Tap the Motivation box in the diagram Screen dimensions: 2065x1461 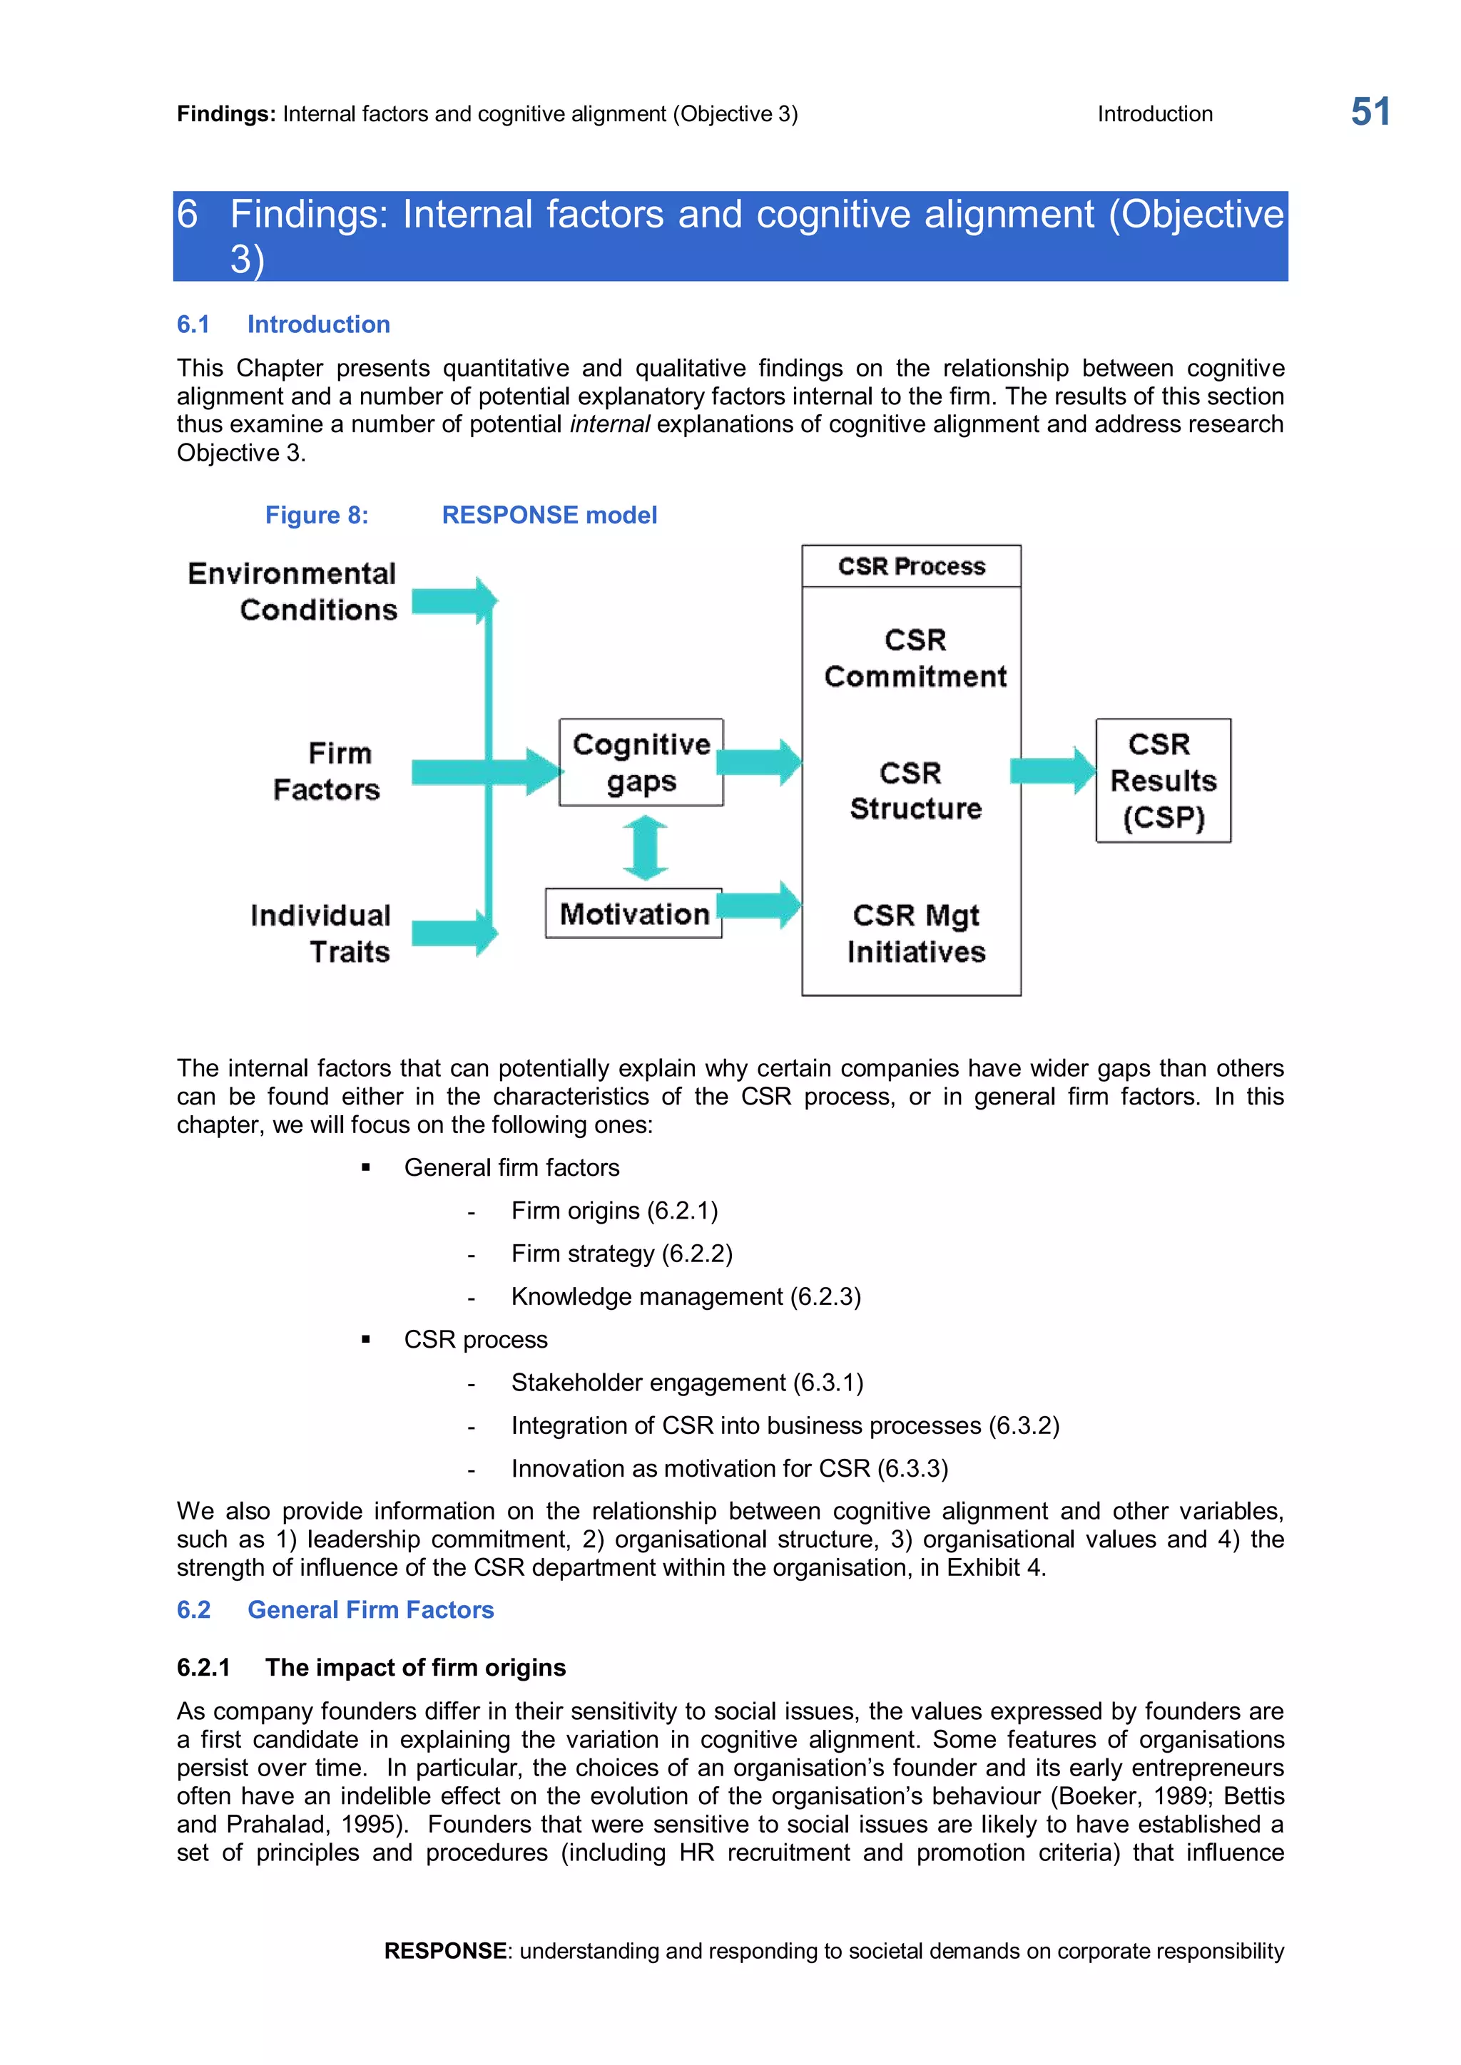(633, 914)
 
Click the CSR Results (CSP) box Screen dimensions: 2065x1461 (1162, 780)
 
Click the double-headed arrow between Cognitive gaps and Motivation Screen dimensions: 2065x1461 (645, 847)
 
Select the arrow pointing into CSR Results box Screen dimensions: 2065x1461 (1052, 771)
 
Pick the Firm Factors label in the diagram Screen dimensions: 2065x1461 (327, 771)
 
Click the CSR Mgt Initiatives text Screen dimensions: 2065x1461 (916, 933)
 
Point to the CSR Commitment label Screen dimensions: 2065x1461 (915, 657)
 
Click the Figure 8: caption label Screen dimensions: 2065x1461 (317, 516)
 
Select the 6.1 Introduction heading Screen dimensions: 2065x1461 (283, 324)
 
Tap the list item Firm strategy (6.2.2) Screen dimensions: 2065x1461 (621, 1254)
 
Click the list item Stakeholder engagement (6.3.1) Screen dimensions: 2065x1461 (686, 1383)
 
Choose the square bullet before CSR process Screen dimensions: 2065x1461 (365, 1339)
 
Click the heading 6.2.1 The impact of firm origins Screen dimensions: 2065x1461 (371, 1667)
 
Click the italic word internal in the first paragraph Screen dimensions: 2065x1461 (609, 424)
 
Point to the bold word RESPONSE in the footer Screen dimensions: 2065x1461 (444, 1951)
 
